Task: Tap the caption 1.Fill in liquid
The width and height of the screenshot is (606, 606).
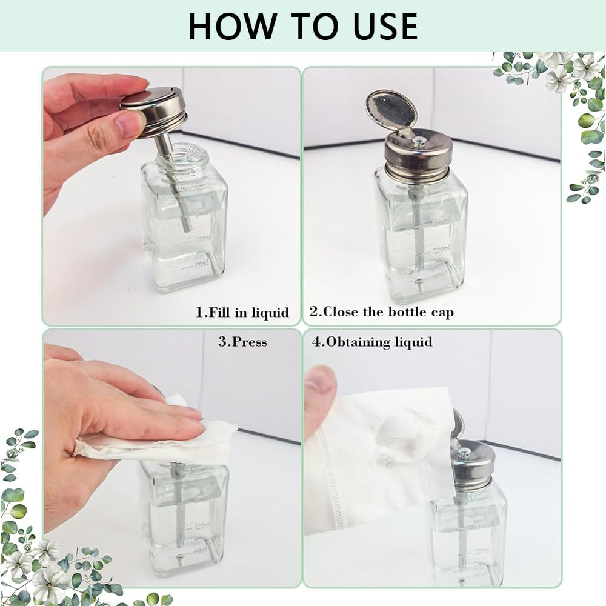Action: pos(242,313)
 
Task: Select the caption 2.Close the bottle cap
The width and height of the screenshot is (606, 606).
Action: pos(382,313)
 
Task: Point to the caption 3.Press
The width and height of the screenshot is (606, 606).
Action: pos(242,342)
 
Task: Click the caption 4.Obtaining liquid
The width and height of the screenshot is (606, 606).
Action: pos(372,342)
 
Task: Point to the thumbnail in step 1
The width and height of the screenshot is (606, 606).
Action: pos(128,124)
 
